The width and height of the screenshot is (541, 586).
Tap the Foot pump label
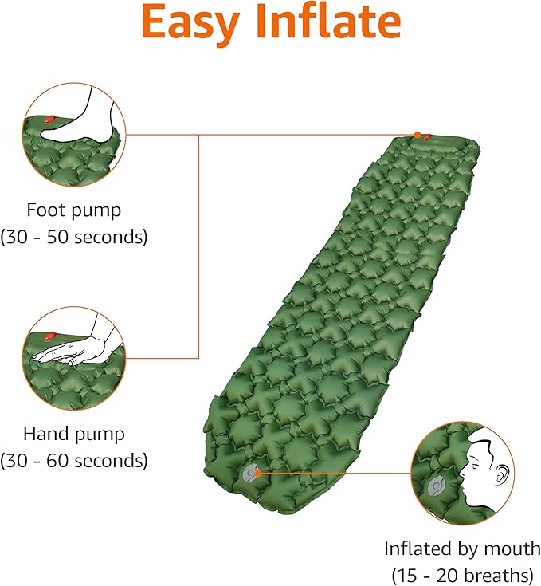click(x=74, y=210)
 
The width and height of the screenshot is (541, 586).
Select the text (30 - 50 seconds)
click(x=74, y=237)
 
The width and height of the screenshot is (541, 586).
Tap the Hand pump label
click(x=74, y=434)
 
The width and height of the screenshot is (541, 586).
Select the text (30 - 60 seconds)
click(x=74, y=460)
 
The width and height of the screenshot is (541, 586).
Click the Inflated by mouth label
click(x=462, y=549)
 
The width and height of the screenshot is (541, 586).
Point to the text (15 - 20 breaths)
click(x=462, y=575)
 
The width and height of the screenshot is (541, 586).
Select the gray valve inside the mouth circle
click(x=436, y=486)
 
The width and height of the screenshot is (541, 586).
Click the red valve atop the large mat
click(x=427, y=137)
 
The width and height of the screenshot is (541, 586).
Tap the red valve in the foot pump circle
click(x=49, y=120)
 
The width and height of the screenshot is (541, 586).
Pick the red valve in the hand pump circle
click(x=51, y=335)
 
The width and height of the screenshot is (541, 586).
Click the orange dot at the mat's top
click(x=418, y=135)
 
